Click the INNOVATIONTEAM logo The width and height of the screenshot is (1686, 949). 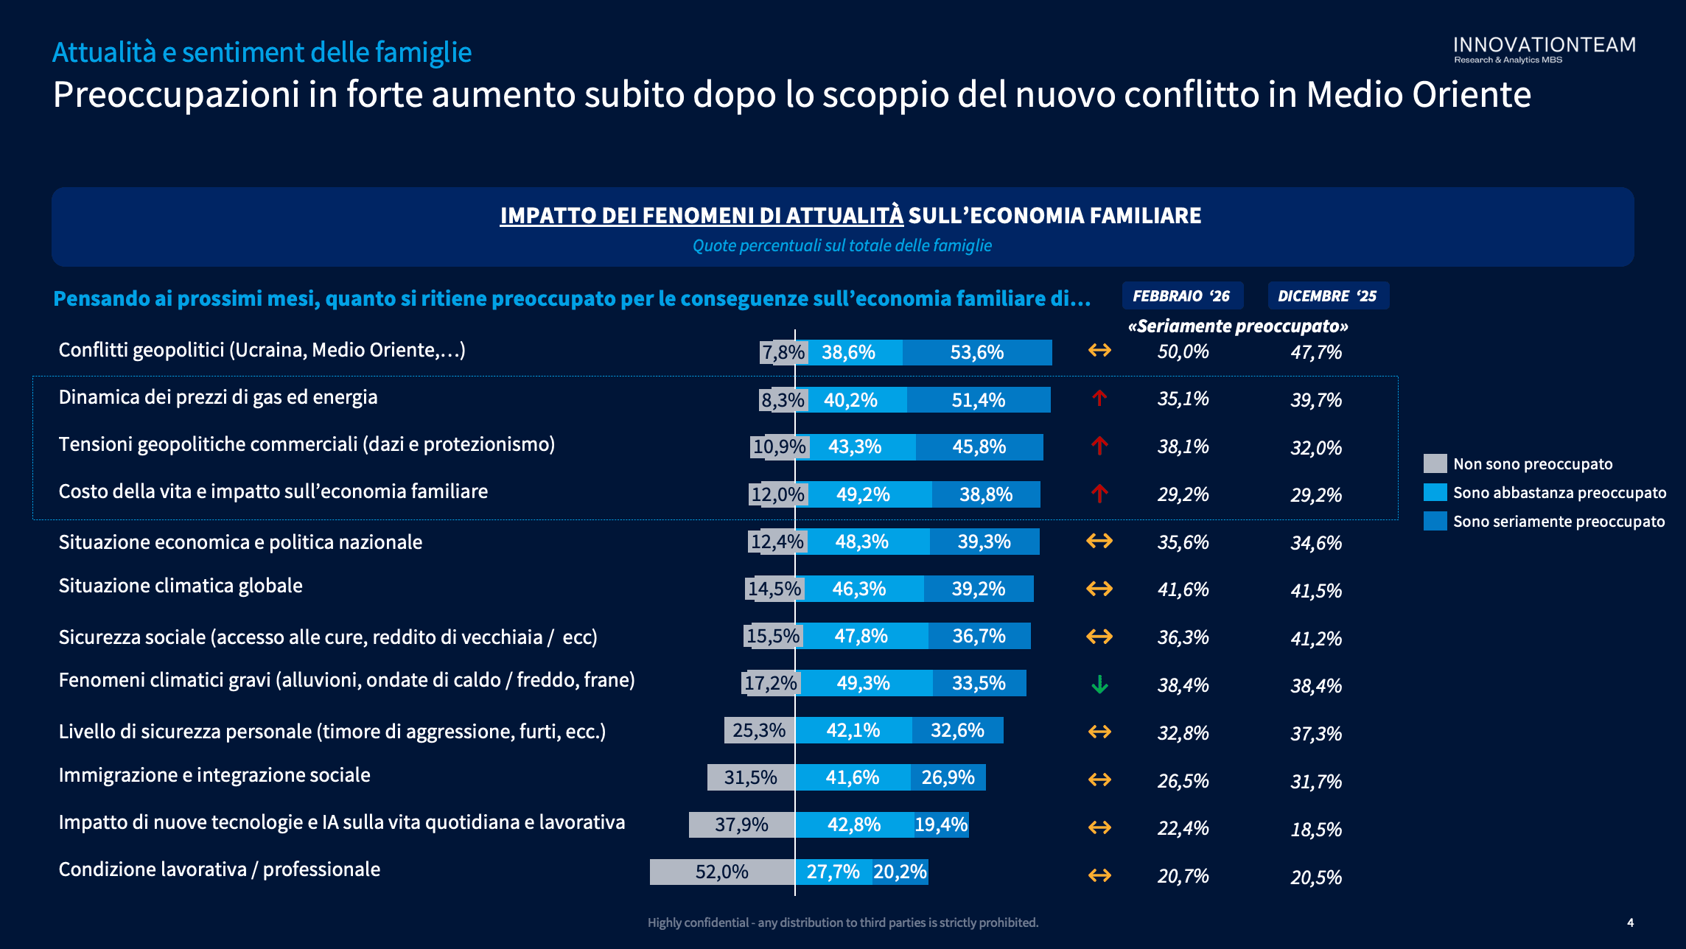tap(1544, 49)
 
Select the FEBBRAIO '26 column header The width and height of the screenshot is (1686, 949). tap(1181, 295)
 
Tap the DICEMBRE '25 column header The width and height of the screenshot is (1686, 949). tap(1327, 295)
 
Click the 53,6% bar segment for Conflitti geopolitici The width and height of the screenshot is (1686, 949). tap(977, 352)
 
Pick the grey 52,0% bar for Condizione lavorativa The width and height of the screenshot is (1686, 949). tap(721, 872)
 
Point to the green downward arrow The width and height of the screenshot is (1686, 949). tap(1099, 684)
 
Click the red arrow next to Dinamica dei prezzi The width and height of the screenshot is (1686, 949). tap(1099, 399)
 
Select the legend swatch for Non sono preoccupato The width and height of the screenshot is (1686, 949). tap(1435, 463)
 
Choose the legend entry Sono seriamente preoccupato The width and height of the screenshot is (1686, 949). tap(1559, 521)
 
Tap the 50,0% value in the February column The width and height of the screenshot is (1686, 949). tap(1183, 351)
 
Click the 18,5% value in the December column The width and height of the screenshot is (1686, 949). tap(1316, 829)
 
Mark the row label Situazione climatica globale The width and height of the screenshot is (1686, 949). tap(181, 586)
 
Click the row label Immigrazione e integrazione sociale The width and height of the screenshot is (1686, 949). tap(214, 775)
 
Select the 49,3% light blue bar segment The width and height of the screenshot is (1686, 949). tap(864, 683)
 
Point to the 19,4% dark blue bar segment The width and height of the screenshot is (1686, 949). tap(942, 824)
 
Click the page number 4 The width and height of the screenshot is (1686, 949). tap(1630, 922)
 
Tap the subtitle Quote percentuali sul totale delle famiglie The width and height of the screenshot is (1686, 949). tap(842, 245)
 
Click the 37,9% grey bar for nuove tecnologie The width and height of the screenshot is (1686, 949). tap(741, 824)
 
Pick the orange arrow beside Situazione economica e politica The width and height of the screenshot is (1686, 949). tap(1099, 541)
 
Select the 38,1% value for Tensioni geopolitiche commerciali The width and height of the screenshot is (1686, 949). tap(1183, 447)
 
